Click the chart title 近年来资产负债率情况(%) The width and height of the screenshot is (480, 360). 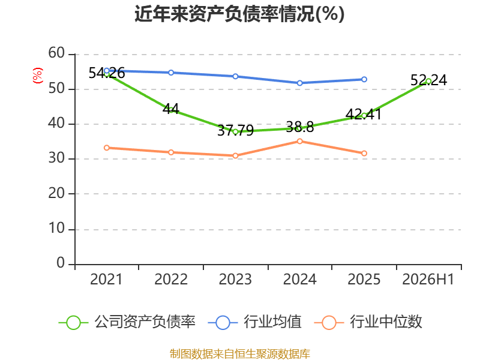(x=239, y=14)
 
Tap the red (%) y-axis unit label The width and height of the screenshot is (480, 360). (x=38, y=76)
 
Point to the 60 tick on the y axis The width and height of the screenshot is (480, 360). (x=56, y=53)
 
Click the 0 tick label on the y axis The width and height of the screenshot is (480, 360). (x=61, y=263)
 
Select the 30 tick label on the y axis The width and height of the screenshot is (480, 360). (x=56, y=158)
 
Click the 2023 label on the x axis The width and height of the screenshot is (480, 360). (x=235, y=280)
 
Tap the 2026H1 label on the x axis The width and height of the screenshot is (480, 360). (x=428, y=280)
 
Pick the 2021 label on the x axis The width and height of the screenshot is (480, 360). (x=106, y=280)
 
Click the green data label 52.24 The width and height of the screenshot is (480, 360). (x=428, y=80)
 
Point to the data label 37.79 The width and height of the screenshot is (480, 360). (x=235, y=131)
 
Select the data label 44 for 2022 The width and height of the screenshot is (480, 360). (x=171, y=109)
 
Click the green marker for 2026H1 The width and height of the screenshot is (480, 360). (x=428, y=81)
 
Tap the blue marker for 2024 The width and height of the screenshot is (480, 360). (x=299, y=83)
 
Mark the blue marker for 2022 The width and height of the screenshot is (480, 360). (x=171, y=73)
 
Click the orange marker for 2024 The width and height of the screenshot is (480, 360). (x=299, y=141)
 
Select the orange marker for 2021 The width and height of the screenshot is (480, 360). (x=107, y=148)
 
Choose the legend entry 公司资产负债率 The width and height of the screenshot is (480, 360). (x=127, y=322)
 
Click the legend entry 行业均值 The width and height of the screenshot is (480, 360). (x=254, y=322)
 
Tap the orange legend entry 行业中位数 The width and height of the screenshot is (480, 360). (x=368, y=322)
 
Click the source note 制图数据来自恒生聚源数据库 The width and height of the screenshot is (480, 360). (x=240, y=354)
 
